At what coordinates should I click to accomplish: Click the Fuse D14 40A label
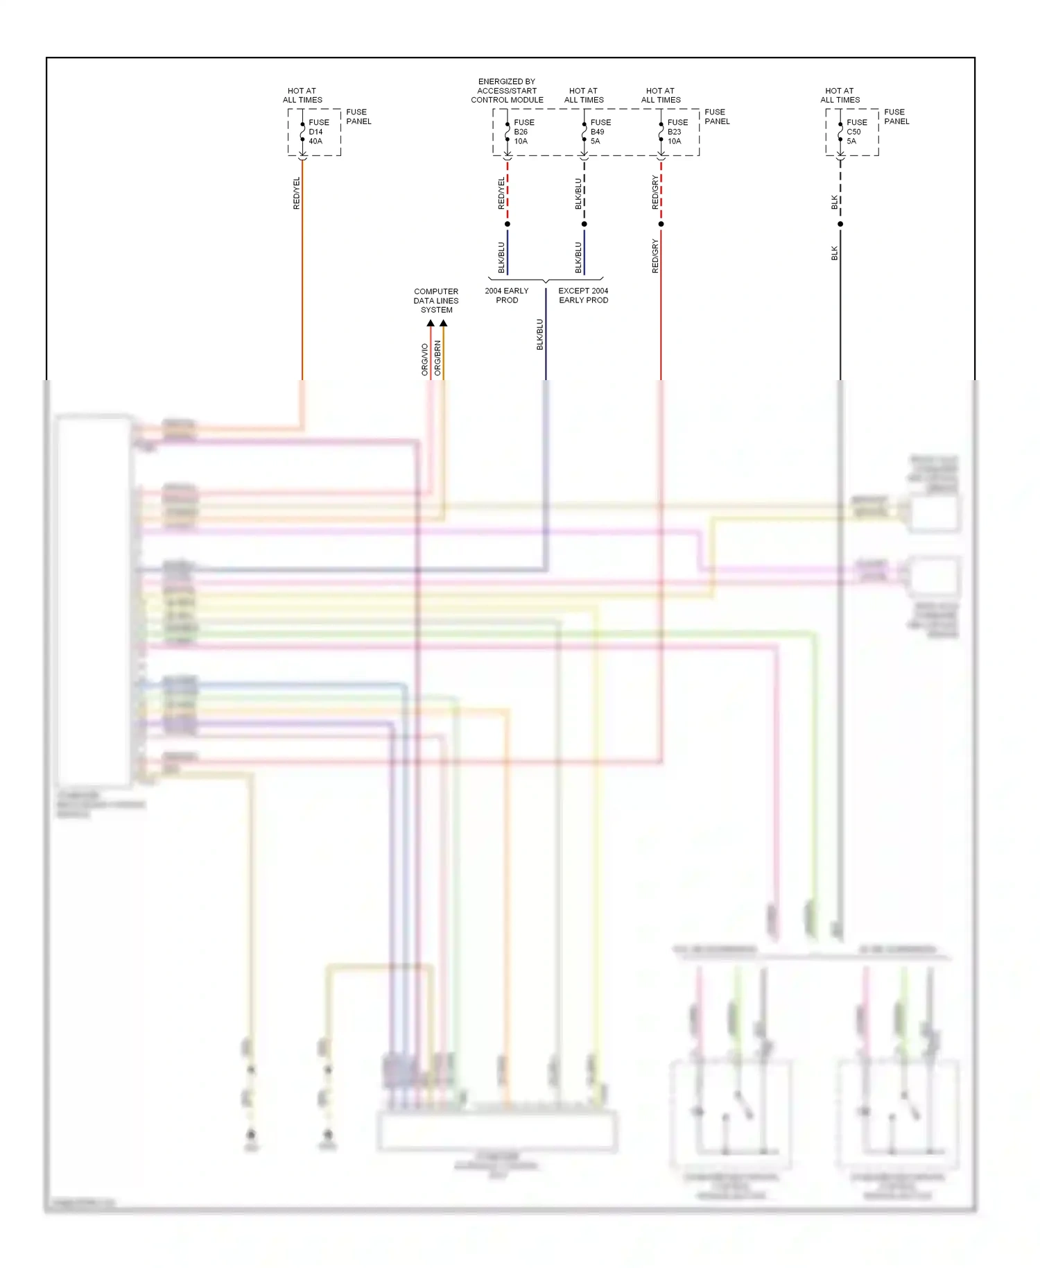[x=318, y=132]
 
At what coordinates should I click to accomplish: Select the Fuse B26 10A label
[x=523, y=132]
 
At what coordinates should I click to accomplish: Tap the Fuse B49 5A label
[x=600, y=132]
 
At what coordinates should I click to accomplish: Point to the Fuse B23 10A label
[x=677, y=132]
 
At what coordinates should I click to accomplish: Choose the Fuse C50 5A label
[x=856, y=132]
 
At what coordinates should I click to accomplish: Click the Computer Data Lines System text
[x=436, y=300]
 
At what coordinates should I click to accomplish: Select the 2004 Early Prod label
[x=507, y=295]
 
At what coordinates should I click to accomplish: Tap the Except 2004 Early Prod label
[x=583, y=295]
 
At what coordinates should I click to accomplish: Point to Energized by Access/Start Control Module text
[x=507, y=91]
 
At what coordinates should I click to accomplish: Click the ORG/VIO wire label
[x=425, y=359]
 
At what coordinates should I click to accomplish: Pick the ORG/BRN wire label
[x=437, y=358]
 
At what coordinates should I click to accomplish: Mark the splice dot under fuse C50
[x=840, y=224]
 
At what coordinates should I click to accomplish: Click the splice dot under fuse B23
[x=661, y=224]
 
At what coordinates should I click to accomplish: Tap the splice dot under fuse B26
[x=508, y=224]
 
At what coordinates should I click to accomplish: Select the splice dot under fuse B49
[x=584, y=224]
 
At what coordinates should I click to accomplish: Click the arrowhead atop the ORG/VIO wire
[x=431, y=323]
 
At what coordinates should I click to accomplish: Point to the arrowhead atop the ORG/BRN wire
[x=443, y=323]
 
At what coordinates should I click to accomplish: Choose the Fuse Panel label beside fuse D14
[x=358, y=117]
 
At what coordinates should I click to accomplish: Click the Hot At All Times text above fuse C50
[x=840, y=95]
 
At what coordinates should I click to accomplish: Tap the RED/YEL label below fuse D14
[x=297, y=193]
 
